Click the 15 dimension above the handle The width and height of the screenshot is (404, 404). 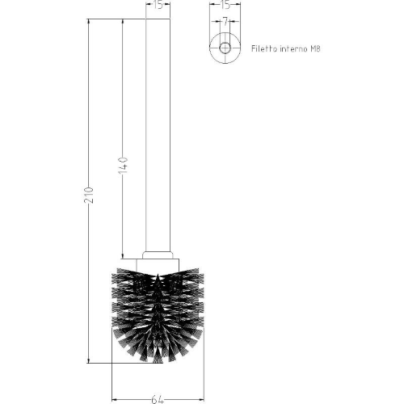point(158,6)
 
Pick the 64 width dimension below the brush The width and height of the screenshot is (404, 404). point(158,398)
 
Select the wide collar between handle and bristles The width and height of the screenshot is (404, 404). point(158,260)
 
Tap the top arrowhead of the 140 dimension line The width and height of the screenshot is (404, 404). point(122,20)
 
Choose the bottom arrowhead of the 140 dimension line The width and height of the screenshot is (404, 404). point(122,253)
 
